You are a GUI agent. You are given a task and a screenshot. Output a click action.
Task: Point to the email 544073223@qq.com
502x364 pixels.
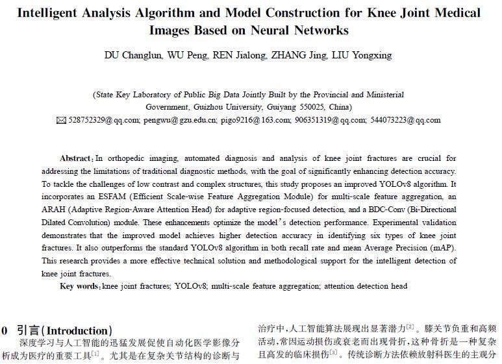point(405,120)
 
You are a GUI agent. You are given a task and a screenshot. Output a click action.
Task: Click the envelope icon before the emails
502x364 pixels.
point(62,120)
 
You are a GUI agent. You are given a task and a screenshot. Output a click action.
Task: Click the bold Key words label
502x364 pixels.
point(80,285)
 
